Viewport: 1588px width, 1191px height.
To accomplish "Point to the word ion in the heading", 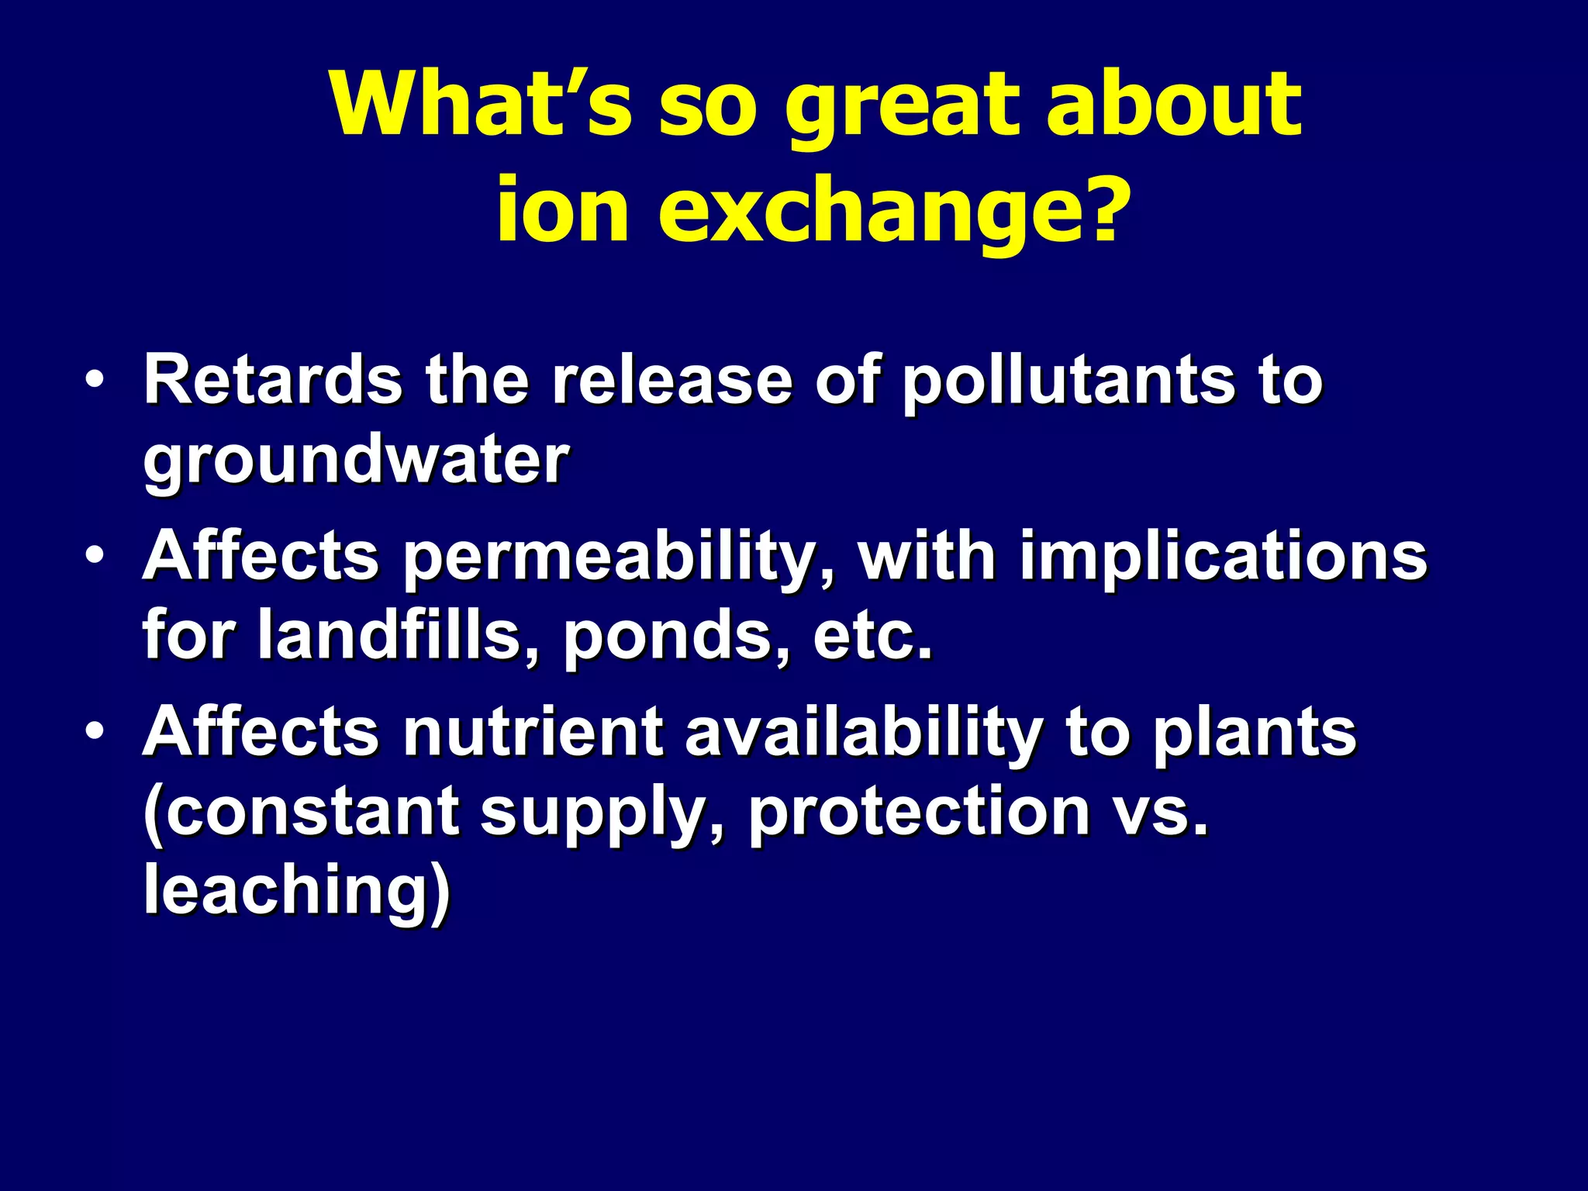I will [x=562, y=209].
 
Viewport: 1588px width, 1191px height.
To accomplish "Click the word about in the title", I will [x=1174, y=104].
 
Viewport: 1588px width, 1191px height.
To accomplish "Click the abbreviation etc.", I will [x=872, y=636].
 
